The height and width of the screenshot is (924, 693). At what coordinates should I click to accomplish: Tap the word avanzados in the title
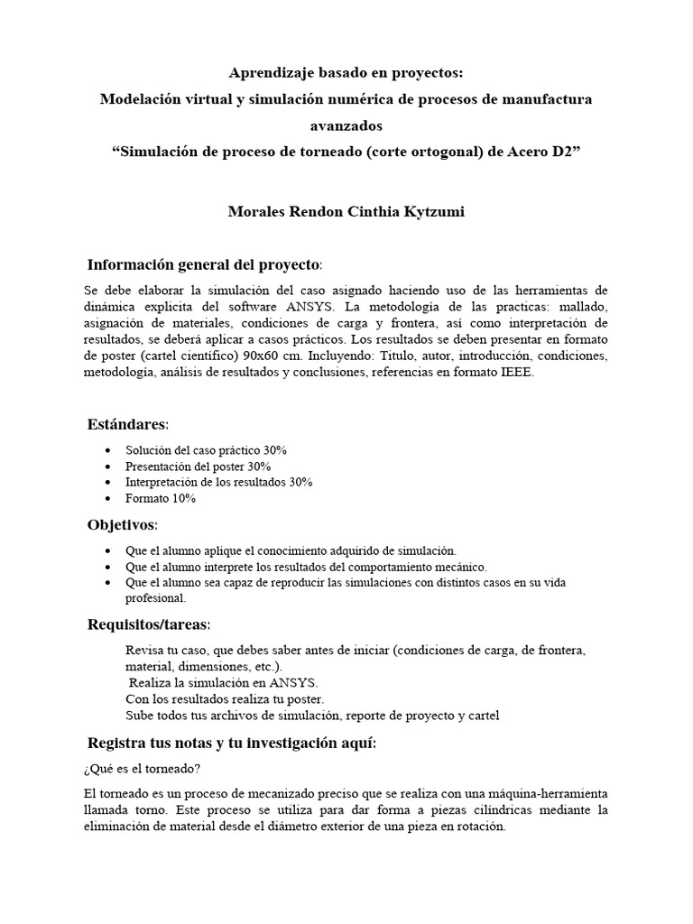(346, 124)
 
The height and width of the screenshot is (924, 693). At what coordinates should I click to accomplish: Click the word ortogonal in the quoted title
(432, 149)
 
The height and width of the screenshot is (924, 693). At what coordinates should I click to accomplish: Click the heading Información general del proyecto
(203, 264)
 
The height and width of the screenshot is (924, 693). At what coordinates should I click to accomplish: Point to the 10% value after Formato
(183, 498)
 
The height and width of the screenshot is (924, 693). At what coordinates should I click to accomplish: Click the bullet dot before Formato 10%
(109, 498)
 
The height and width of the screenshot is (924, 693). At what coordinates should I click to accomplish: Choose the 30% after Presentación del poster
(259, 466)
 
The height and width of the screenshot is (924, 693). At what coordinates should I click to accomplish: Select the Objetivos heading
(122, 524)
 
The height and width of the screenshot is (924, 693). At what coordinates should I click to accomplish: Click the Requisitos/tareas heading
(148, 624)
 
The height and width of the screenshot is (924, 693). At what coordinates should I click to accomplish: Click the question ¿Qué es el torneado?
(141, 768)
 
